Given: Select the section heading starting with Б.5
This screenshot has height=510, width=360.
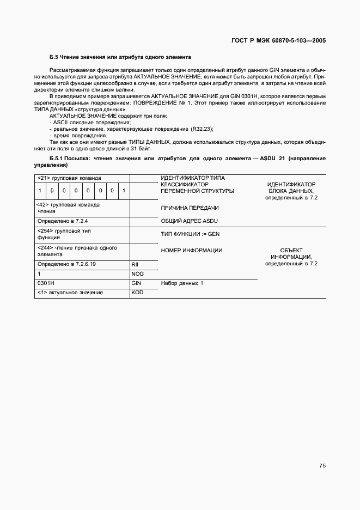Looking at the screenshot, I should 120,57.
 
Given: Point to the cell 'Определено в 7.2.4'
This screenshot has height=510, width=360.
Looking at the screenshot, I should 63,222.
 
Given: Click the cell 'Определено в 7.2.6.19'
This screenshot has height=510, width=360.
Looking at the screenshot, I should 66,264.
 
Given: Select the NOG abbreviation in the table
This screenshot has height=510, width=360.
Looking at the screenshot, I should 137,274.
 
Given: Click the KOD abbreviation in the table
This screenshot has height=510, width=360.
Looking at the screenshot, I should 137,293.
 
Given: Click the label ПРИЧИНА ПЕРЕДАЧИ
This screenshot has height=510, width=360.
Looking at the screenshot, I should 190,209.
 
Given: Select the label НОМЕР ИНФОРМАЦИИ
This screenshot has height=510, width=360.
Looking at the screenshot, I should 192,250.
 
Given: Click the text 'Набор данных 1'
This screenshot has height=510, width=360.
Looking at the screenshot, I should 182,283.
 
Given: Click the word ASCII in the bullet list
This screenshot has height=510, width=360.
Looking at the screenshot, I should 60,123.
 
